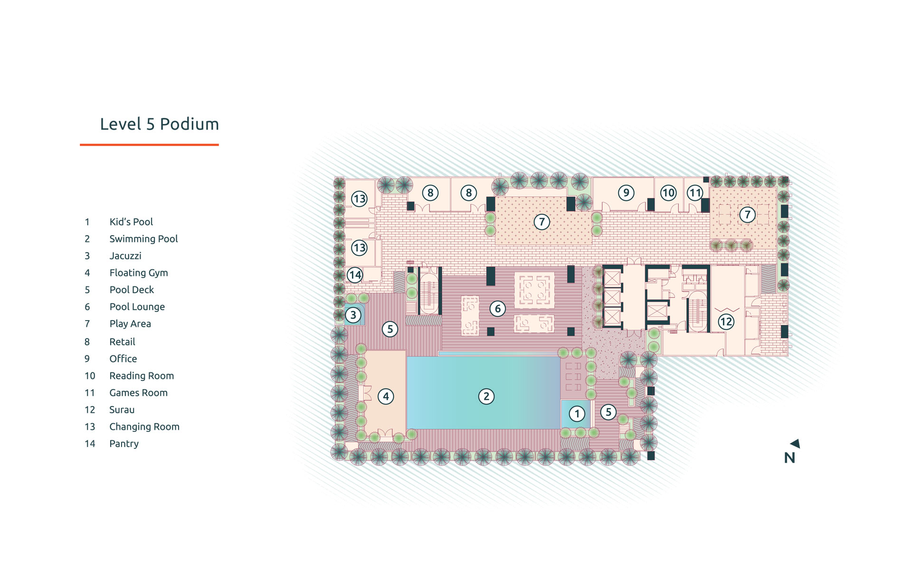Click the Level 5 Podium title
point(159,124)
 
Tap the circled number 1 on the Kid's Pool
point(577,414)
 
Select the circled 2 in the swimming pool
point(486,396)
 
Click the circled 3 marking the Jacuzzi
point(353,315)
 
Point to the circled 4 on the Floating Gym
point(386,396)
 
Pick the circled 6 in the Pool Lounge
point(498,309)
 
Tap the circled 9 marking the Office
point(626,192)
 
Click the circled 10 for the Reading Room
point(668,193)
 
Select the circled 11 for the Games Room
point(695,193)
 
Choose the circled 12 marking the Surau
point(726,322)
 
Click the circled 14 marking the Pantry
point(355,275)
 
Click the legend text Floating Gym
point(138,273)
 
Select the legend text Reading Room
point(142,376)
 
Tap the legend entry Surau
point(122,409)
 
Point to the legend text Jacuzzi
point(125,256)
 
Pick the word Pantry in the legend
point(124,444)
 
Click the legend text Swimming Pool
point(143,238)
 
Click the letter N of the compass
point(789,458)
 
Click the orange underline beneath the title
point(149,144)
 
